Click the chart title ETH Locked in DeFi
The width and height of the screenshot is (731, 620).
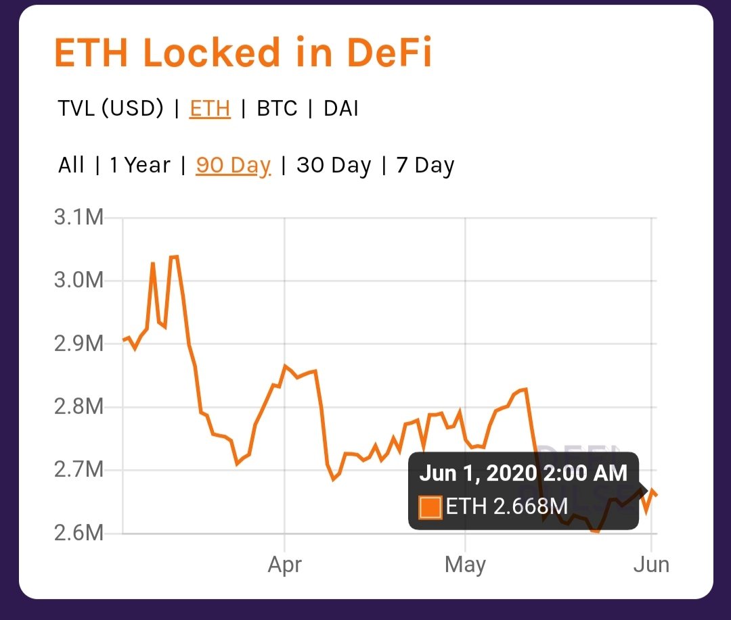pyautogui.click(x=242, y=53)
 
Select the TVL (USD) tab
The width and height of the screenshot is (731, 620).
pyautogui.click(x=110, y=108)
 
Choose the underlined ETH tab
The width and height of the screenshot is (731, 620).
pyautogui.click(x=210, y=108)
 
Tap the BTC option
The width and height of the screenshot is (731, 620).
pyautogui.click(x=277, y=108)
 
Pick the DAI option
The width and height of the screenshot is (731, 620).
pyautogui.click(x=341, y=108)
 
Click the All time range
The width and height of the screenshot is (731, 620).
pyautogui.click(x=71, y=165)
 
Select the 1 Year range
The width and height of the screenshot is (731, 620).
pyautogui.click(x=140, y=165)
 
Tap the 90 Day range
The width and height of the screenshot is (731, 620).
pyautogui.click(x=234, y=165)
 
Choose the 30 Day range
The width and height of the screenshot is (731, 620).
pyautogui.click(x=334, y=165)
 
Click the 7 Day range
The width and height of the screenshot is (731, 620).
pyautogui.click(x=425, y=165)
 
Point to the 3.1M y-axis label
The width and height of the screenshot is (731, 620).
pyautogui.click(x=79, y=218)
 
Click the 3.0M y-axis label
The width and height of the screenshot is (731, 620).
pyautogui.click(x=79, y=281)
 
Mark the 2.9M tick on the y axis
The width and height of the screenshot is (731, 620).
pyautogui.click(x=79, y=343)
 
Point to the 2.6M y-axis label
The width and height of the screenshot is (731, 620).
pyautogui.click(x=79, y=533)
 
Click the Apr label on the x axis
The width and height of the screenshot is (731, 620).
pyautogui.click(x=284, y=565)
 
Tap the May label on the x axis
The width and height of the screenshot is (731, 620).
pyautogui.click(x=465, y=565)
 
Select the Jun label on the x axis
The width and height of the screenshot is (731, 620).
pyautogui.click(x=651, y=565)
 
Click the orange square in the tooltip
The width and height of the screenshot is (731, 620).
pyautogui.click(x=430, y=506)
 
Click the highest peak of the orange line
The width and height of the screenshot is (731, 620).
pyautogui.click(x=174, y=257)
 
